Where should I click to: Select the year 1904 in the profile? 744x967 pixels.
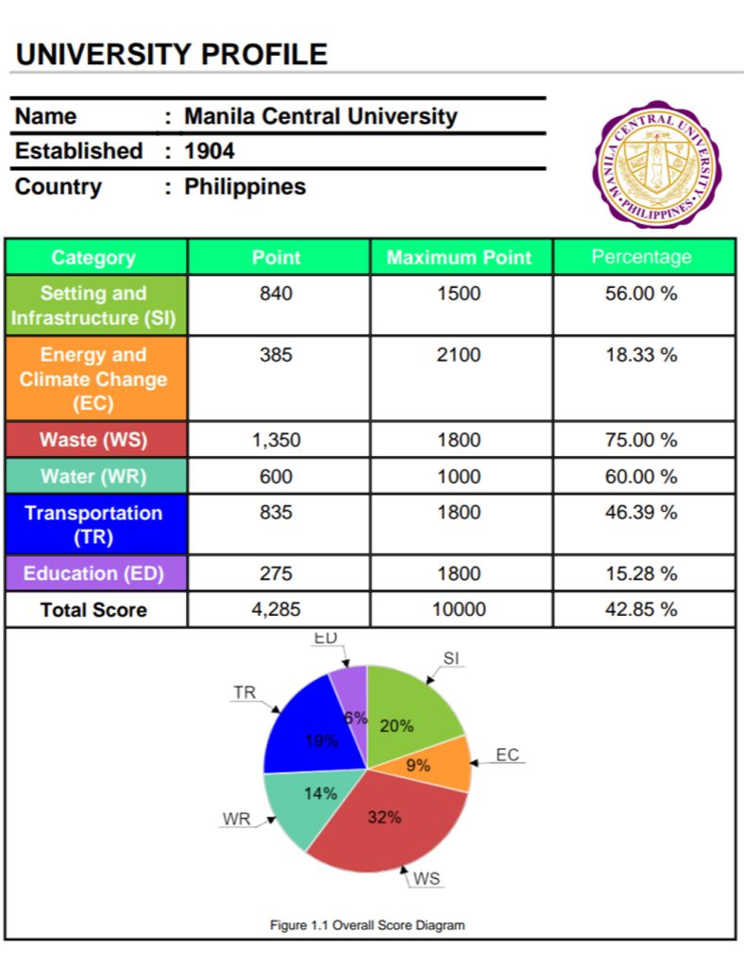click(210, 151)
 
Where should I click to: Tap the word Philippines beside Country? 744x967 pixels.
click(245, 187)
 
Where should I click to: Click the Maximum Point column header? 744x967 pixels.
click(459, 257)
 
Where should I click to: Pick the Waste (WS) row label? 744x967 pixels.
click(93, 440)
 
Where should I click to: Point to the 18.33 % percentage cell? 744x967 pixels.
click(641, 355)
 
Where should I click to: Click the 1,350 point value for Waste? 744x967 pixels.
click(276, 440)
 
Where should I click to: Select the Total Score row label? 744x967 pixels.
click(93, 610)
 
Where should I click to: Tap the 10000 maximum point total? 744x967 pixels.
click(459, 610)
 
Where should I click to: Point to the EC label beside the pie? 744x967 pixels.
click(507, 755)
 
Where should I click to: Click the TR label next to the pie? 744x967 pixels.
click(245, 693)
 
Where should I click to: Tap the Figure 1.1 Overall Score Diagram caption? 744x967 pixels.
click(367, 925)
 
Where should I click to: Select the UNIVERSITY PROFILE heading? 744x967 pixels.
click(172, 54)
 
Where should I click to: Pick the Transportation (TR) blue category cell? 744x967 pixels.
click(93, 525)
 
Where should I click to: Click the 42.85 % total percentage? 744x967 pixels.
click(641, 610)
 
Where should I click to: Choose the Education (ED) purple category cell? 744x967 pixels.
click(93, 573)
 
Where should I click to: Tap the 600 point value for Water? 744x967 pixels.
click(276, 477)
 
